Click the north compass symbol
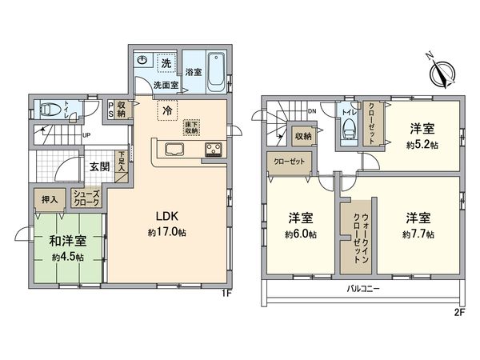443,72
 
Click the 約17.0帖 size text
166,232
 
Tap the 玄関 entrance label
99,166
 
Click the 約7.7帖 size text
418,234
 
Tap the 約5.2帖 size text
422,145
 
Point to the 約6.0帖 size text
302,234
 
